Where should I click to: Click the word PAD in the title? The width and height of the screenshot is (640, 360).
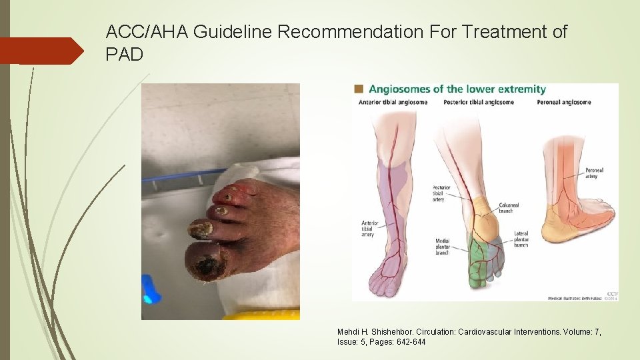click(x=124, y=54)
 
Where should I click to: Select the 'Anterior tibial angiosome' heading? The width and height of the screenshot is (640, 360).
click(x=393, y=102)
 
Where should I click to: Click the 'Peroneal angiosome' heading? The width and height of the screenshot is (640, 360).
click(x=564, y=102)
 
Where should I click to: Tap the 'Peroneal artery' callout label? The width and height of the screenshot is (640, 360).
click(x=595, y=173)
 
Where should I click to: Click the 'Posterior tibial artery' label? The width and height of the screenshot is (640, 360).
click(x=441, y=193)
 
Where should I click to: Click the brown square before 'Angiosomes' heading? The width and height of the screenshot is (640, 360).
click(x=359, y=89)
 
